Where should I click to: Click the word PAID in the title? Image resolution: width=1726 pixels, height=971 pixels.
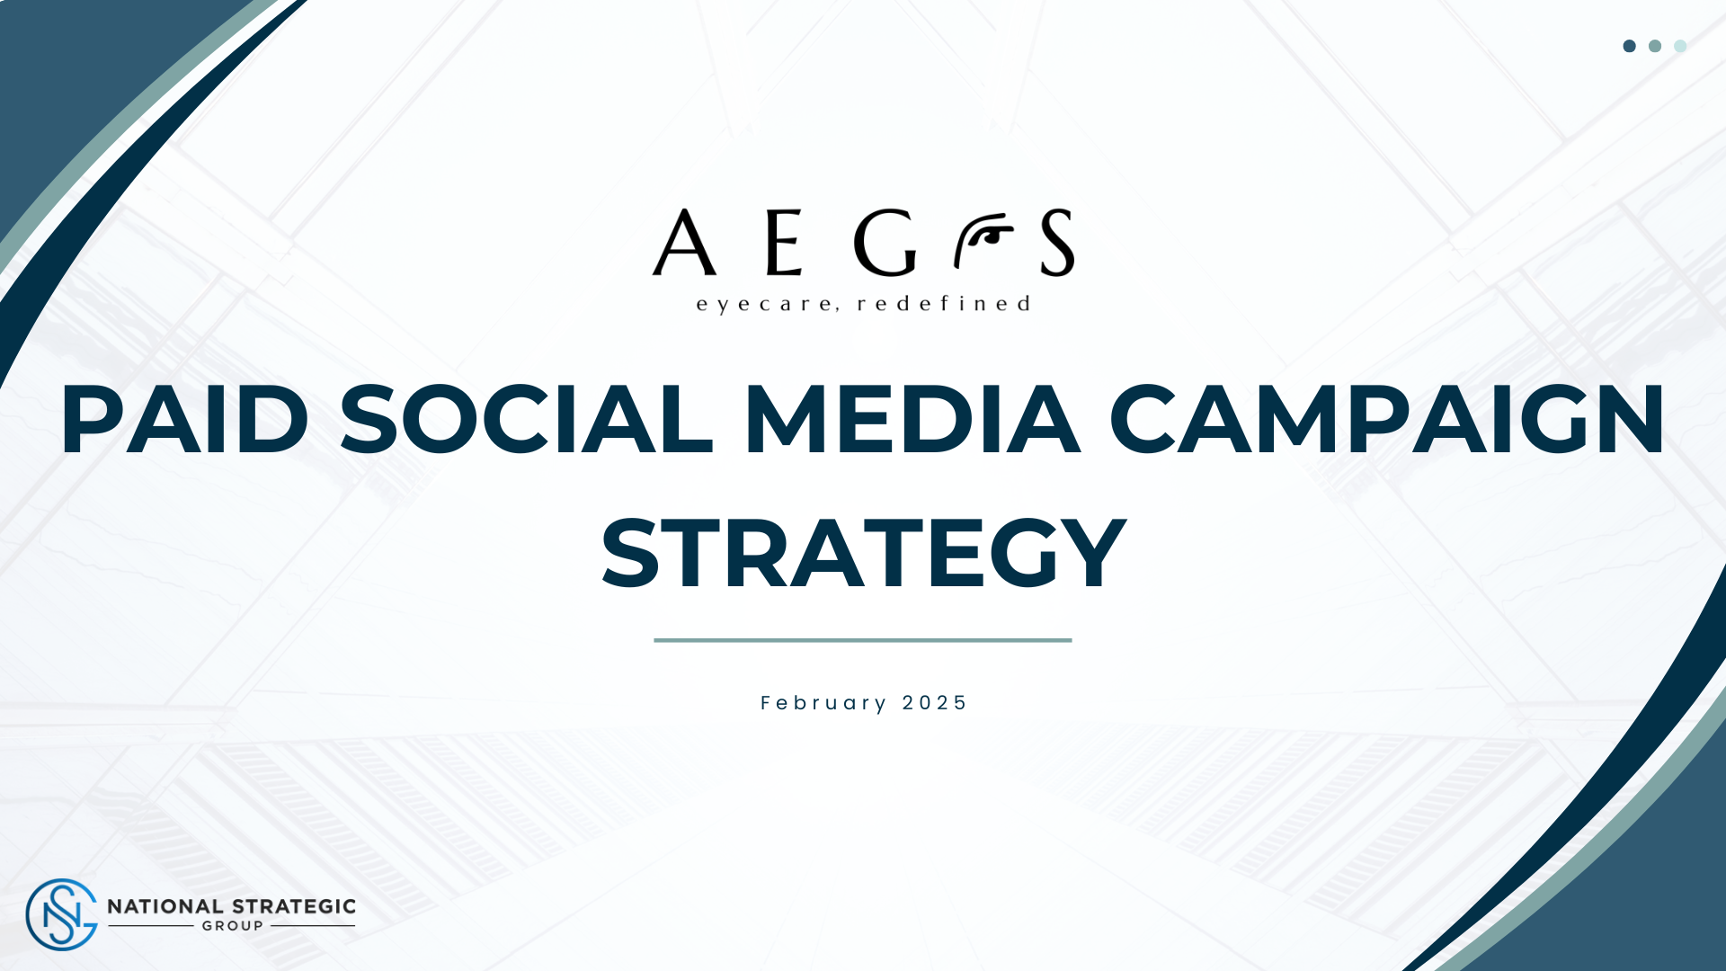tap(184, 419)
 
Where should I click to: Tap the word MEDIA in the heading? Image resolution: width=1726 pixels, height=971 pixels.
tap(912, 419)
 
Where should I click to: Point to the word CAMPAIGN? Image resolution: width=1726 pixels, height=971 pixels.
tap(1387, 419)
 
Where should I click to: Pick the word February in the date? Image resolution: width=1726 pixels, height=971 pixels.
tap(823, 703)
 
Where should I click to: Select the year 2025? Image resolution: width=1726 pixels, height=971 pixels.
tap(934, 703)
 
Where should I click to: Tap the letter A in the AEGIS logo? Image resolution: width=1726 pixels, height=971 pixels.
tap(684, 242)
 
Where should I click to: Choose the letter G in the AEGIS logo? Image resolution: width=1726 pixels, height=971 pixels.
tap(885, 242)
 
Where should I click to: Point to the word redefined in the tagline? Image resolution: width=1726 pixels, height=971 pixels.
tap(943, 303)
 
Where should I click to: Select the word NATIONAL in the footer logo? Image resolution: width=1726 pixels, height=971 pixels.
tap(165, 906)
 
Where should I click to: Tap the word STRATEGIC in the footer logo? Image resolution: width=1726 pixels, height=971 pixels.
tap(293, 906)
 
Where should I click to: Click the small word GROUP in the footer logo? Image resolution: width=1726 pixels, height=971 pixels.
tap(233, 926)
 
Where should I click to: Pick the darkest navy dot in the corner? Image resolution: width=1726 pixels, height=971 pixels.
tap(1629, 46)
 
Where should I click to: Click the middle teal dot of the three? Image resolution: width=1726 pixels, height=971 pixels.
tap(1655, 46)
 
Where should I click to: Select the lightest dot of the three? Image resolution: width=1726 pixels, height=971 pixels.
tap(1680, 46)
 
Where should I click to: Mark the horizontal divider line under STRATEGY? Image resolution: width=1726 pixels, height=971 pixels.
tap(863, 640)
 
